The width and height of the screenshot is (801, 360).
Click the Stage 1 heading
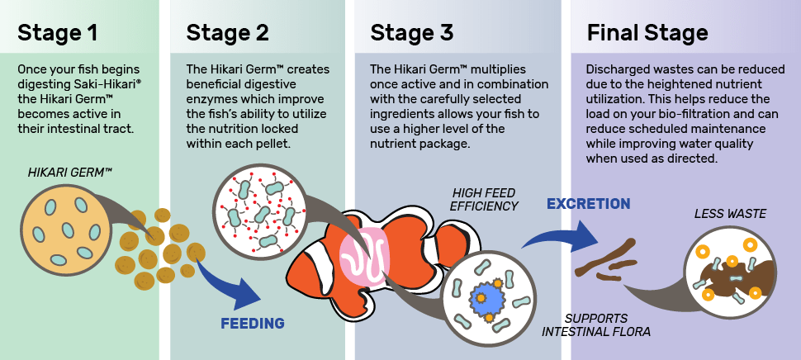pos(58,33)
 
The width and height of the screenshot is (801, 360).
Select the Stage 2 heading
pos(227,33)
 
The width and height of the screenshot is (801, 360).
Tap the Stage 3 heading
pos(411,33)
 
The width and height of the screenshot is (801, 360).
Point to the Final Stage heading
pos(647,33)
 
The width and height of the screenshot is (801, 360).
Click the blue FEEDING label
pos(253,323)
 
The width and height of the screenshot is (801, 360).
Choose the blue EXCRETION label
pos(588,204)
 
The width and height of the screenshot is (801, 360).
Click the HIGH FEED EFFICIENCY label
pos(485,199)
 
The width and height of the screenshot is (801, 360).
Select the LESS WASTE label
pos(730,214)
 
